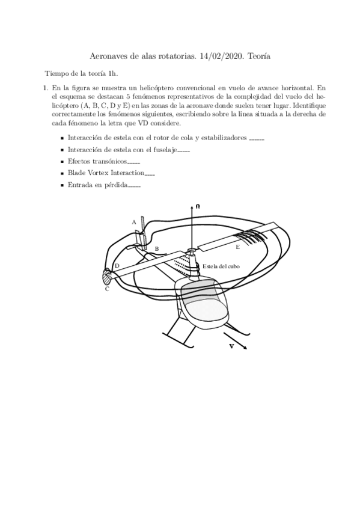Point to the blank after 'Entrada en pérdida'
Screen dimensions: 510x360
point(134,187)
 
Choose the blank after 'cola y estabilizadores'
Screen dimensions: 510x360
point(257,139)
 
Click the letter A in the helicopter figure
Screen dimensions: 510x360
point(134,222)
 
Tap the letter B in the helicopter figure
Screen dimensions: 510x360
point(157,248)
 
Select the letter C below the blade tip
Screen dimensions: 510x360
point(107,289)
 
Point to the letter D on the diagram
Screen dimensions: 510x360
point(117,265)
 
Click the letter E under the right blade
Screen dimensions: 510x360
point(237,247)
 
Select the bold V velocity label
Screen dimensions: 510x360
point(231,346)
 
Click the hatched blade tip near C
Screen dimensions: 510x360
point(108,277)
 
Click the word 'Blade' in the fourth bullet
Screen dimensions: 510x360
point(77,174)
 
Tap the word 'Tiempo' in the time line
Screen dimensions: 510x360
point(56,73)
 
